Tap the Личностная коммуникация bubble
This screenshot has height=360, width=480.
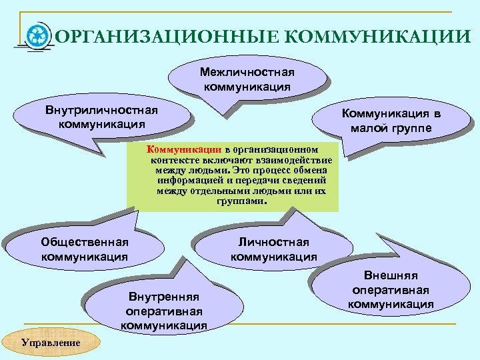coord(274,249)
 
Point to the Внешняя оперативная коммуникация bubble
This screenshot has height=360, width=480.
coord(391,289)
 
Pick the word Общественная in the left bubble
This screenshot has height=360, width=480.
coord(85,241)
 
